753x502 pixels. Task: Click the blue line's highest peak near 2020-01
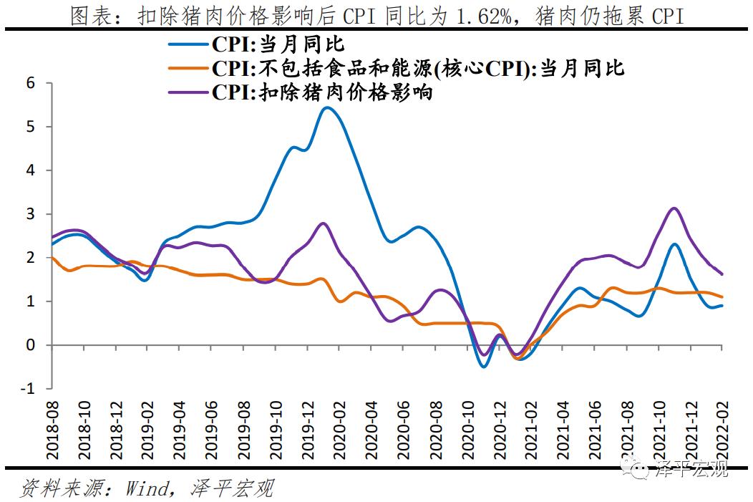click(x=326, y=107)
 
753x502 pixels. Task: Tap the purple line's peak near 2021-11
click(x=673, y=208)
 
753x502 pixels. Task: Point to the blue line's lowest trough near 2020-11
click(x=484, y=367)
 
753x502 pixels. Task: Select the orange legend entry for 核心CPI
click(x=418, y=69)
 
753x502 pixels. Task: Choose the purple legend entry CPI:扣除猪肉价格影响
click(x=322, y=92)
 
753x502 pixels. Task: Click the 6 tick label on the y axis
click(x=30, y=83)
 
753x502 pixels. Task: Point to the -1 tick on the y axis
click(x=28, y=389)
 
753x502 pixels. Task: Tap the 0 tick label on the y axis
click(x=30, y=345)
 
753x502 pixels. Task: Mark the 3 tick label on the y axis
click(x=30, y=214)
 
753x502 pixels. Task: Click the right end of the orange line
click(x=722, y=296)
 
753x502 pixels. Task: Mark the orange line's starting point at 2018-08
click(x=52, y=258)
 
